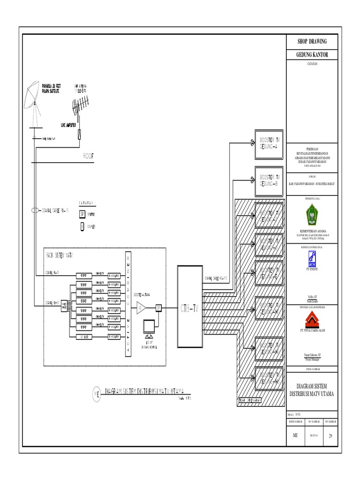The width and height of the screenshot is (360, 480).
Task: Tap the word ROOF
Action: pyautogui.click(x=89, y=157)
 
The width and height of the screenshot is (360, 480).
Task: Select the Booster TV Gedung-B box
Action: pyautogui.click(x=269, y=180)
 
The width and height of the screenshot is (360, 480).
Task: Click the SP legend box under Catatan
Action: pyautogui.click(x=82, y=214)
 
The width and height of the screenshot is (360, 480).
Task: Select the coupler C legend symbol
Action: pyautogui.click(x=82, y=226)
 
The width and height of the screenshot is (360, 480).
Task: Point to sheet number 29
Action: pyautogui.click(x=330, y=435)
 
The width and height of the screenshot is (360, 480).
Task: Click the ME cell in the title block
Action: pyautogui.click(x=295, y=435)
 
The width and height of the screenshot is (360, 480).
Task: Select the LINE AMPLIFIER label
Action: pyautogui.click(x=68, y=126)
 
